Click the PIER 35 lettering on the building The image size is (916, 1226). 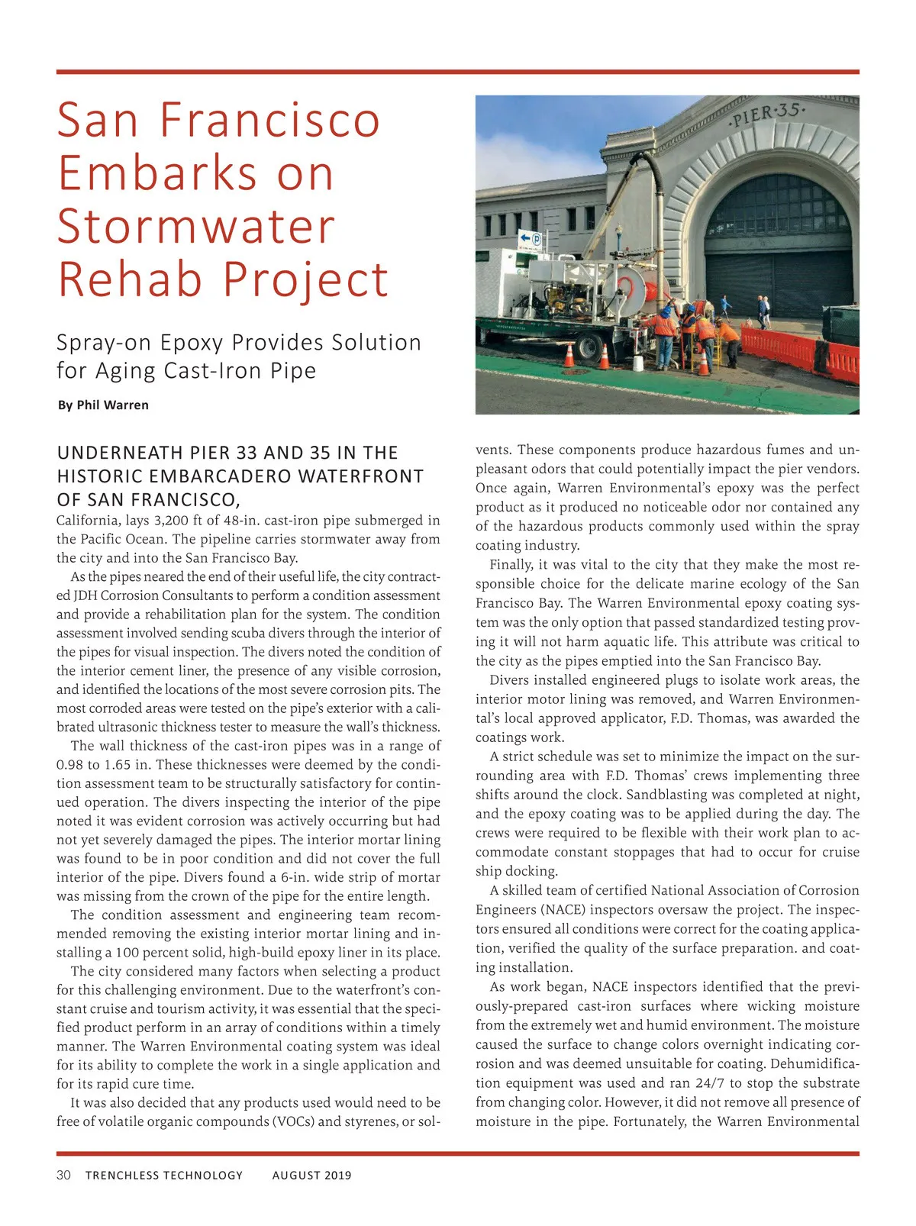click(x=766, y=117)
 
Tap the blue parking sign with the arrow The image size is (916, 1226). click(x=531, y=240)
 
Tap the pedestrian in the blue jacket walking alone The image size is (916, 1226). click(x=725, y=307)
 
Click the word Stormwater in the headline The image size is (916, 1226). click(x=196, y=226)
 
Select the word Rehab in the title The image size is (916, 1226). click(x=131, y=279)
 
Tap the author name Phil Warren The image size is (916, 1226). click(x=112, y=405)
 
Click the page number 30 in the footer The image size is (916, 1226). click(x=63, y=1175)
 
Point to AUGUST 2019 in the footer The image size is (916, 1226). click(x=311, y=1176)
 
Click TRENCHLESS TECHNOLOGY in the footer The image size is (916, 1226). click(x=164, y=1176)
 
